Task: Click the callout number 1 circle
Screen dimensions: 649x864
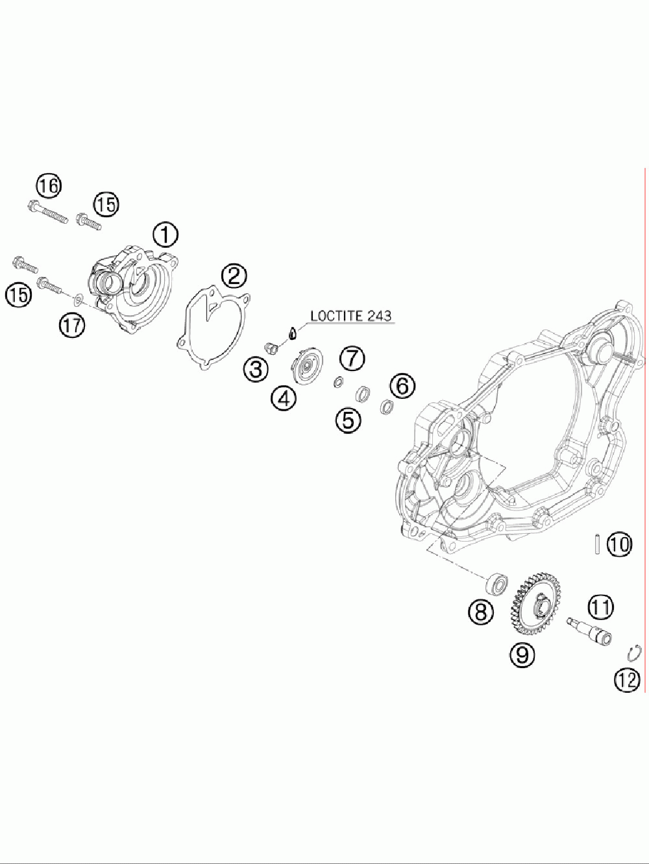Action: [165, 235]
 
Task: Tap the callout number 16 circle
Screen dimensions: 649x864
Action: [48, 186]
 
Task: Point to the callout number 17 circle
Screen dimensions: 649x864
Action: [72, 324]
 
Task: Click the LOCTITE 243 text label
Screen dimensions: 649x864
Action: [350, 316]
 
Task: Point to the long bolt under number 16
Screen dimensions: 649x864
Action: [48, 213]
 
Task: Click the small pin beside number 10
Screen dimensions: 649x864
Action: [595, 544]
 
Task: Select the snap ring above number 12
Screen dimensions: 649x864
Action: [637, 651]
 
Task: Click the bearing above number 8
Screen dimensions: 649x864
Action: [498, 583]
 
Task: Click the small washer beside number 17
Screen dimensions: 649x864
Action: [78, 299]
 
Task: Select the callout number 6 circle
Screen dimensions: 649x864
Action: [402, 387]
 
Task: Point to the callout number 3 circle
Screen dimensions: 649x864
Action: [255, 370]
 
